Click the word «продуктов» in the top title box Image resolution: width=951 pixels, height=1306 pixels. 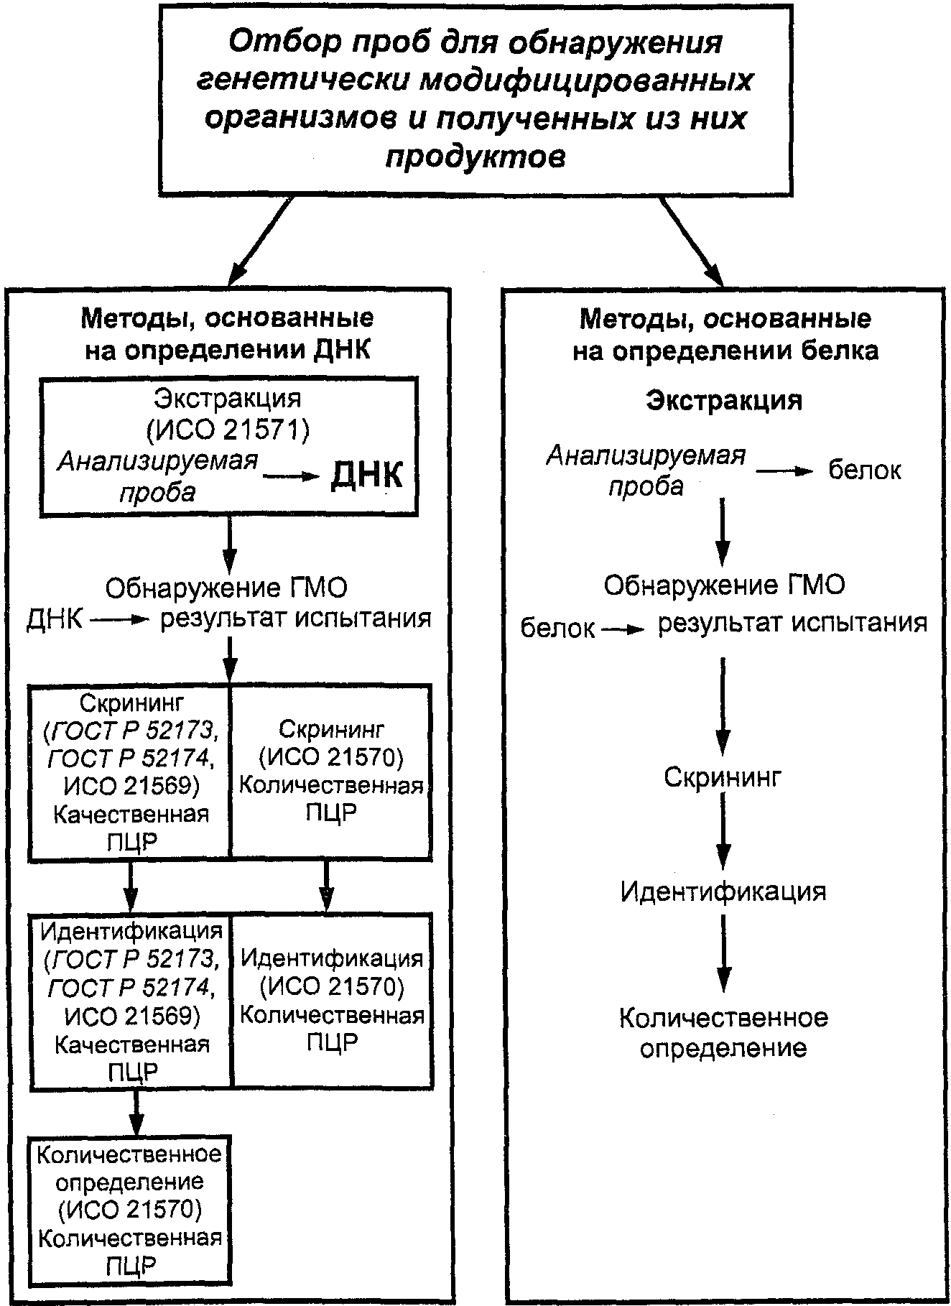[x=475, y=156]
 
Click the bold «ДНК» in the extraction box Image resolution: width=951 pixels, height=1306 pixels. [x=366, y=476]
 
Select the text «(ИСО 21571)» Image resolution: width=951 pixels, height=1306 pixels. [x=228, y=430]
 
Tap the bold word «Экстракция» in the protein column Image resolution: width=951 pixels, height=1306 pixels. [x=724, y=400]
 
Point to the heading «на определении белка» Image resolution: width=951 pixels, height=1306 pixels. [x=725, y=351]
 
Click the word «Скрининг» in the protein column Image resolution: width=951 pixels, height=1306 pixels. [x=722, y=777]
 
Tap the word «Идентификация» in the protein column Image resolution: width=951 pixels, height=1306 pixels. [x=723, y=891]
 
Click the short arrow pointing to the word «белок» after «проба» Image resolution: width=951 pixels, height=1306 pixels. [x=783, y=471]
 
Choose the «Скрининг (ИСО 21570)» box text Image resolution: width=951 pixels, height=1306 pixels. [x=331, y=772]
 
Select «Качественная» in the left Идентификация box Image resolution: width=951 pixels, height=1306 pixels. [x=132, y=1044]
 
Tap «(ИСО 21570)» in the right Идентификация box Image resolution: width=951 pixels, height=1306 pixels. [x=332, y=987]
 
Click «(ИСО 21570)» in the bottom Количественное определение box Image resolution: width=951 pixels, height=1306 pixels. [x=129, y=1209]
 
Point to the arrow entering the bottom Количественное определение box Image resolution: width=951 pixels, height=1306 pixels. [x=135, y=1112]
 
